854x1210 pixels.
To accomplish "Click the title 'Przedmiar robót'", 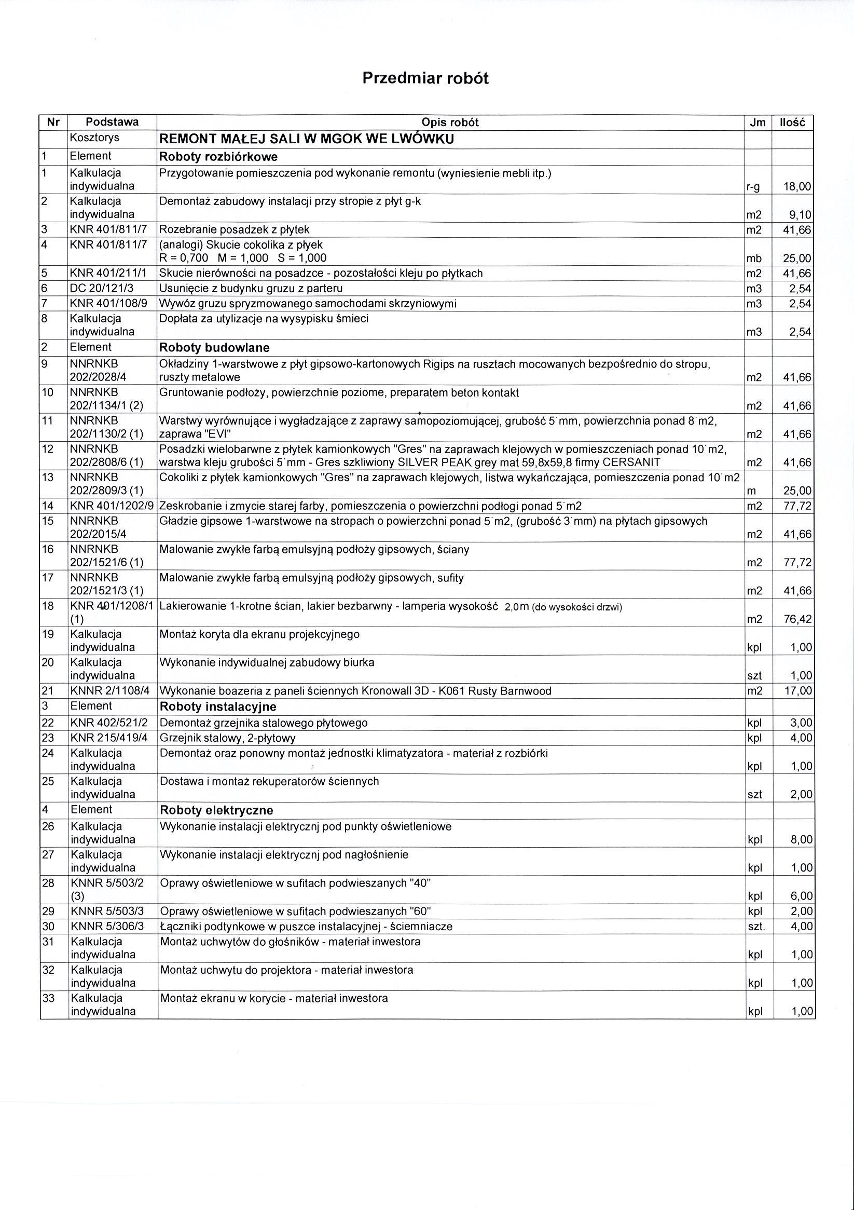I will (x=425, y=78).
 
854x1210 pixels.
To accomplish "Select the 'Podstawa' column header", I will (x=112, y=123).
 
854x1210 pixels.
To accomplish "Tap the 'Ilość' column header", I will (x=792, y=123).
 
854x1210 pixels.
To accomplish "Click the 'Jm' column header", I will (x=757, y=123).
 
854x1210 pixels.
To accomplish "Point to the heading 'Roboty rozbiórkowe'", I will (x=218, y=157).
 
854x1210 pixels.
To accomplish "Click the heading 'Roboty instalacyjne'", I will (x=217, y=706).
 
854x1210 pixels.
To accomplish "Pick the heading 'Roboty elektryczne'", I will (x=216, y=810).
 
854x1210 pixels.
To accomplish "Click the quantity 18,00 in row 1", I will (x=797, y=186).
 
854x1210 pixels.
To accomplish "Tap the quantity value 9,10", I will (x=800, y=214).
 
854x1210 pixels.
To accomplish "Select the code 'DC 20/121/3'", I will (x=103, y=288).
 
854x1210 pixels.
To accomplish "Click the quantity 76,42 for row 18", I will (x=797, y=619).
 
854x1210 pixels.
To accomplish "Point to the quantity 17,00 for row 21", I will (x=797, y=691).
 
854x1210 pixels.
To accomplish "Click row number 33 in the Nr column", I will (x=48, y=998).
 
